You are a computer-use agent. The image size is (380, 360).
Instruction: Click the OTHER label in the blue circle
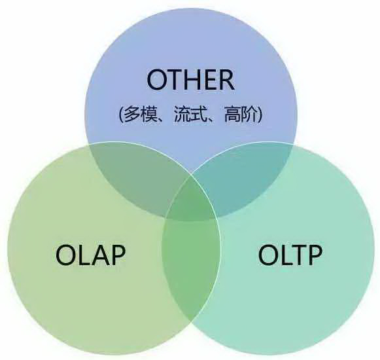[x=190, y=80]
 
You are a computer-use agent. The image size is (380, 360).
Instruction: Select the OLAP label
[x=90, y=255]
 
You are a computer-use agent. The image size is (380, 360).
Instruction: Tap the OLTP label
[x=290, y=255]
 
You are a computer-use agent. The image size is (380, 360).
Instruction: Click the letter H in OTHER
[x=194, y=80]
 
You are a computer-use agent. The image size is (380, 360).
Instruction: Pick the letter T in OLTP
[x=296, y=255]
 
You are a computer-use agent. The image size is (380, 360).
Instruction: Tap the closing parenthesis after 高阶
[x=260, y=114]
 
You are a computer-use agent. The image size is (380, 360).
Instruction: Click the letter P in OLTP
[x=315, y=255]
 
